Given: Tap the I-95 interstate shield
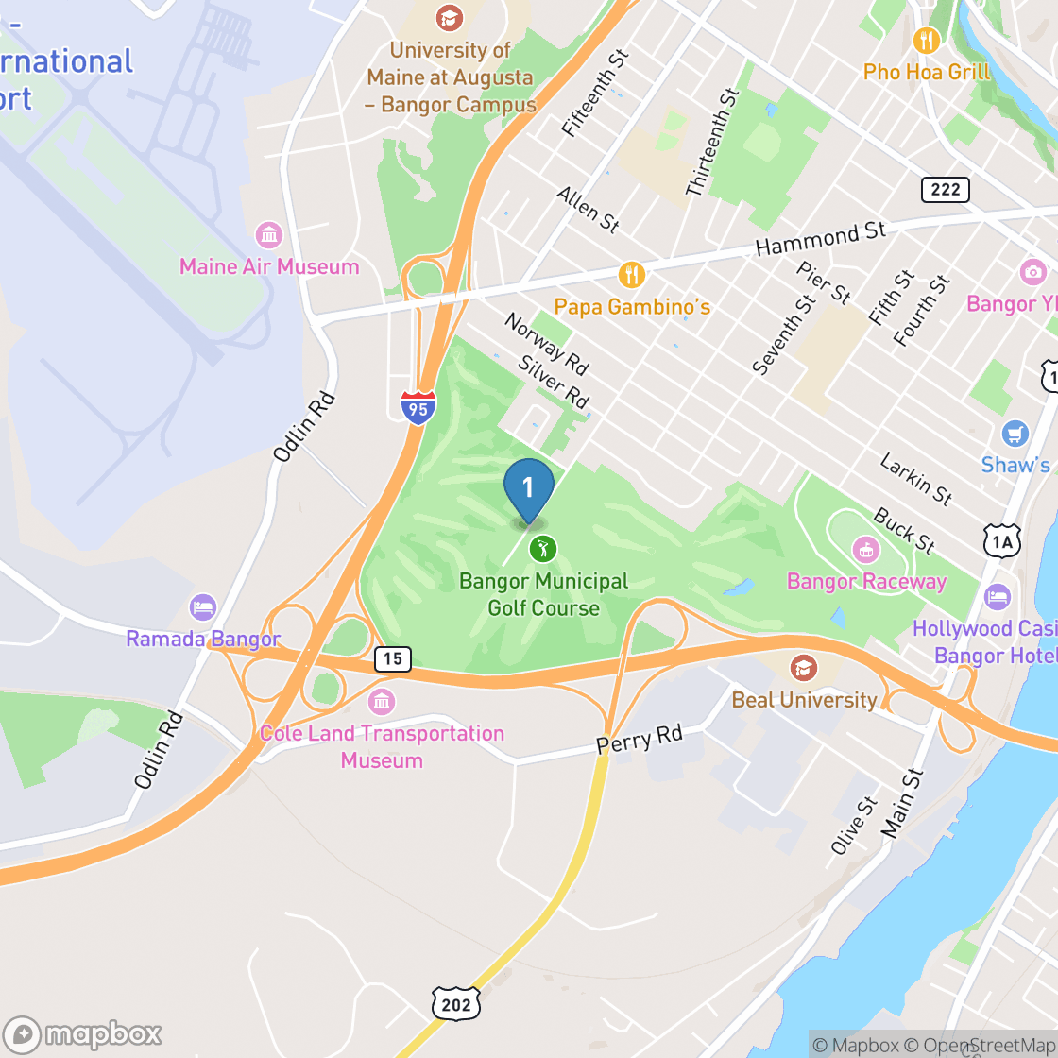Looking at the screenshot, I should [x=418, y=407].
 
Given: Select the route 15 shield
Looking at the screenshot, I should [x=392, y=658].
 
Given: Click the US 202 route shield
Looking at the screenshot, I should [x=456, y=1004].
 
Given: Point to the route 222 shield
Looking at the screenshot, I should [x=945, y=190].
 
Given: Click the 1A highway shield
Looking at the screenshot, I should [x=1001, y=540].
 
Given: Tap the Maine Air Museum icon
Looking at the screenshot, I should [x=269, y=234].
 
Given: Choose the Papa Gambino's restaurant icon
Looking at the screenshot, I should [x=632, y=275].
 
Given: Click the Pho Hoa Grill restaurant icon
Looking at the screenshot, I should [x=927, y=40].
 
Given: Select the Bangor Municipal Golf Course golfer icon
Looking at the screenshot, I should [x=542, y=548].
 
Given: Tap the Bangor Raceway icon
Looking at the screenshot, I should [x=865, y=548].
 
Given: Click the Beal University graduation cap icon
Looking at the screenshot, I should [x=804, y=668].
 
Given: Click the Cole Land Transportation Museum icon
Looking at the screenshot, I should [x=382, y=702].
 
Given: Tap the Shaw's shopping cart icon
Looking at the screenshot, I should [x=1015, y=434].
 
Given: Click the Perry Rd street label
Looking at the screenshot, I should [x=639, y=740].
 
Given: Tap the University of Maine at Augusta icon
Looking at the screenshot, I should [x=450, y=17].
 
